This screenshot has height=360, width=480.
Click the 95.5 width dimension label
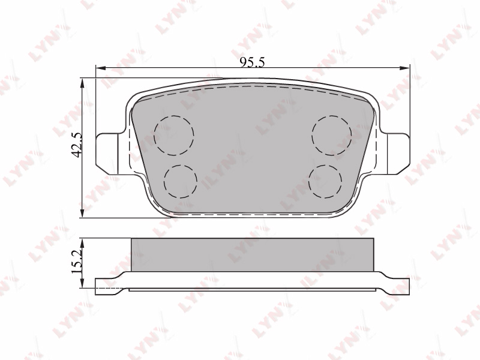tap(252, 62)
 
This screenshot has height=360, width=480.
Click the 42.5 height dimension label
tap(77, 145)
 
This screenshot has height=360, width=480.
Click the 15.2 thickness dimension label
tap(77, 261)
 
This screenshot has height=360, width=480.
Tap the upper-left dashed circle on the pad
tap(174, 135)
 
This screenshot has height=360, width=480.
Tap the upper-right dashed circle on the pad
tap(332, 135)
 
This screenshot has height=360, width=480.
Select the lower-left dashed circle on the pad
tap(181, 182)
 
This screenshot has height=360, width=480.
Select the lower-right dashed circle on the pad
tap(325, 182)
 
